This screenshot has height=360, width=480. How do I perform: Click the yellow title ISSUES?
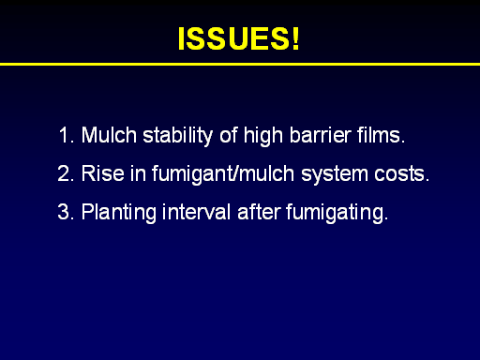click(239, 38)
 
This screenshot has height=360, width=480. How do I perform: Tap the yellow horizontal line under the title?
click(240, 64)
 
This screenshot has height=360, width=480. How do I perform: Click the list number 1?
click(67, 135)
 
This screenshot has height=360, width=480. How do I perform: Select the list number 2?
click(66, 173)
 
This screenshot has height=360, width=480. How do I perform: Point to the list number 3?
click(66, 212)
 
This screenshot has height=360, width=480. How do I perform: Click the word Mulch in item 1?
click(109, 135)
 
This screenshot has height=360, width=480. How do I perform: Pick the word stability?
click(177, 136)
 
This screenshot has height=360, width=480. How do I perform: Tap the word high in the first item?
click(263, 136)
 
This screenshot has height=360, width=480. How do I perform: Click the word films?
click(381, 135)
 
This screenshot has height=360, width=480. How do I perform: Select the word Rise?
click(102, 173)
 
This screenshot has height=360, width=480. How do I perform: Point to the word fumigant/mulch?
click(223, 174)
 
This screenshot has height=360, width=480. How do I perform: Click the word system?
click(335, 175)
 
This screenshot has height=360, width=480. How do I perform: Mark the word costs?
click(402, 173)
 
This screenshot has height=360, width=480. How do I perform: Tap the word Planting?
click(119, 213)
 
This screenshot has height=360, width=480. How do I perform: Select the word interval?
click(196, 212)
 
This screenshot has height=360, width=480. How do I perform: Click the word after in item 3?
click(259, 212)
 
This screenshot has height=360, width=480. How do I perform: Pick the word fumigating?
click(337, 213)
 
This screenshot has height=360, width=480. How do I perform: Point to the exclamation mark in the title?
click(295, 38)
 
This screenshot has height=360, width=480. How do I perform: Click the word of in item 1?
click(229, 135)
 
